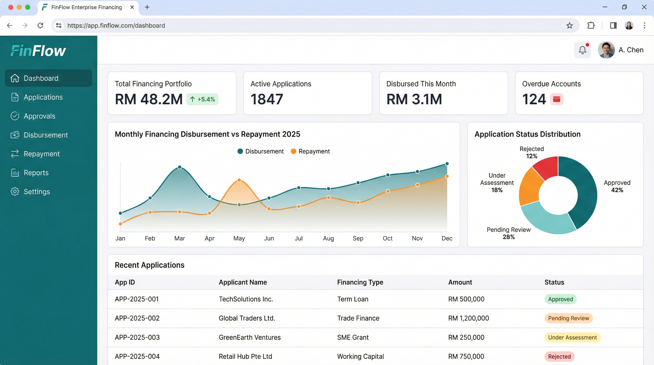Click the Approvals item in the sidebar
[39, 116]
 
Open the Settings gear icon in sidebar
[15, 191]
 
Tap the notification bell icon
[582, 50]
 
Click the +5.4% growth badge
[202, 99]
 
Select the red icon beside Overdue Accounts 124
[557, 99]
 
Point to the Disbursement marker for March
[179, 167]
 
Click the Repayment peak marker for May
[239, 180]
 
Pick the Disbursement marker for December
[447, 164]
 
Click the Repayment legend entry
[310, 151]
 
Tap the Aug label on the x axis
[328, 238]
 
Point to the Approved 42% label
[617, 186]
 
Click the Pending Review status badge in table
[568, 318]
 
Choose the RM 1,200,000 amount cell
[468, 318]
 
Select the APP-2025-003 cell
[137, 337]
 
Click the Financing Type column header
[360, 282]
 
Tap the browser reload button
[40, 25]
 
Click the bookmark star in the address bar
[569, 25]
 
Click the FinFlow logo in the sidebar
[38, 51]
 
